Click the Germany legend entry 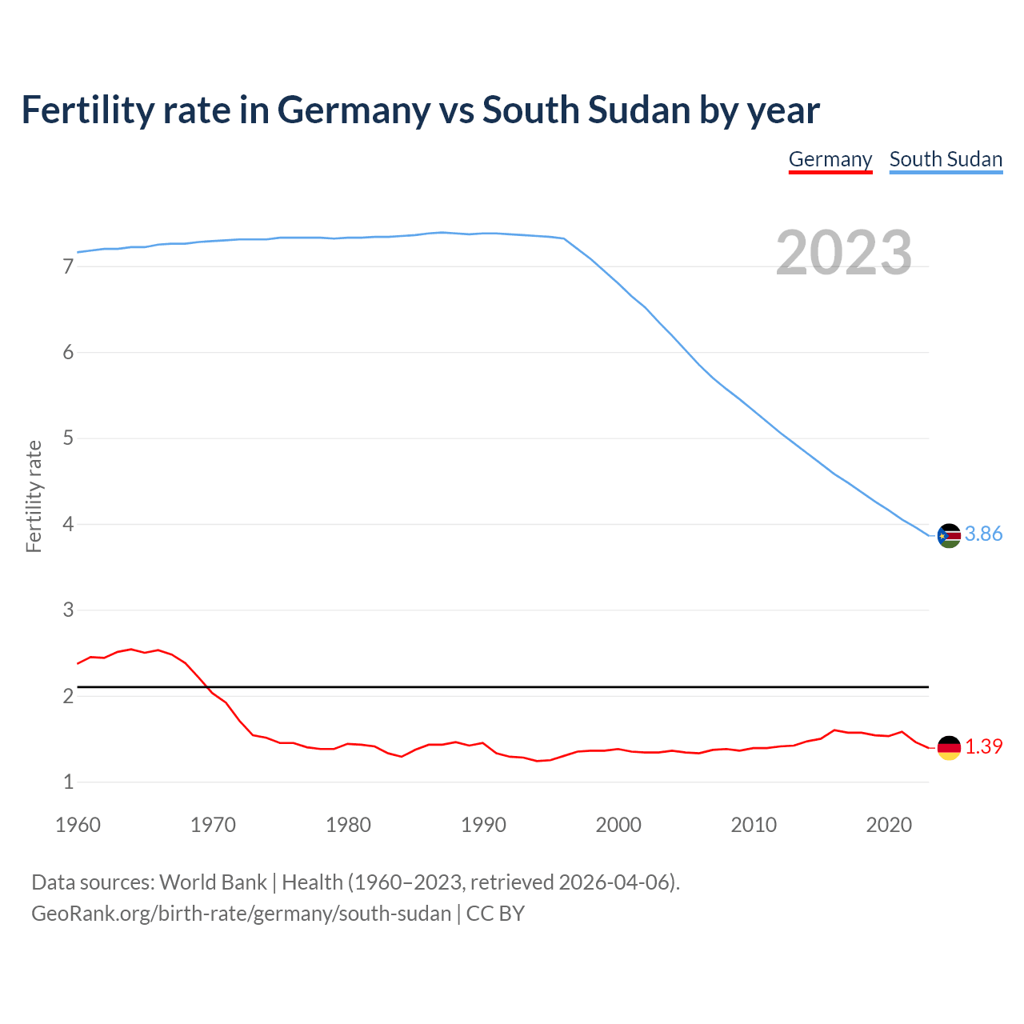tap(830, 159)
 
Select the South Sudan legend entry tap(946, 159)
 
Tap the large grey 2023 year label tap(843, 253)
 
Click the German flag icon tap(949, 747)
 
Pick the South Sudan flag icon tap(949, 535)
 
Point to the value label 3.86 tap(983, 534)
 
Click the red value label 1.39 tap(983, 747)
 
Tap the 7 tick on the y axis tap(68, 267)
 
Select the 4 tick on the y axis tap(68, 525)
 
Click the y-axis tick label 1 tap(68, 782)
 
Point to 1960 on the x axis tap(78, 825)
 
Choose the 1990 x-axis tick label tap(483, 825)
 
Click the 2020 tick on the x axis tap(889, 825)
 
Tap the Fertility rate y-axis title tap(34, 496)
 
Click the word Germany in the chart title tap(353, 110)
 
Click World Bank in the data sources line tap(213, 882)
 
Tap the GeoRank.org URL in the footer tap(241, 914)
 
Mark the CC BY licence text tap(495, 914)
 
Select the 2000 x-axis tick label tap(618, 825)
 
